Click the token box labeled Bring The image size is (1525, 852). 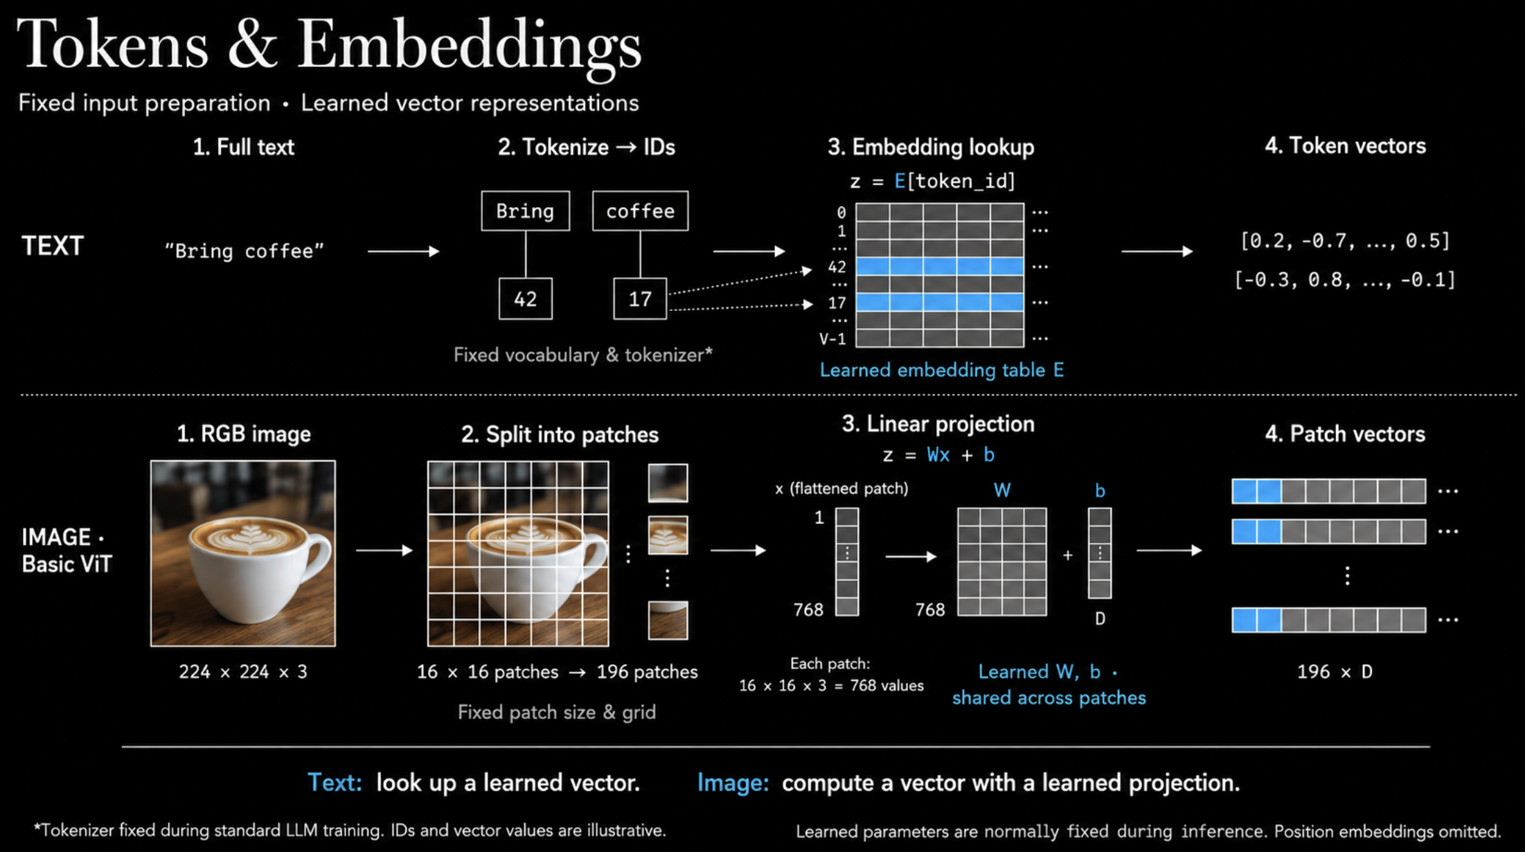pos(526,211)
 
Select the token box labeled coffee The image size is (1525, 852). pos(641,211)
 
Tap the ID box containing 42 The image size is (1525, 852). pos(526,299)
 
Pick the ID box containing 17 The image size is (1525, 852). pos(640,299)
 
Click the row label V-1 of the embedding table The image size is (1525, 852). pos(832,339)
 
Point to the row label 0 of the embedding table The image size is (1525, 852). pos(841,213)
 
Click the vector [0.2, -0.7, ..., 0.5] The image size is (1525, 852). pos(1345,241)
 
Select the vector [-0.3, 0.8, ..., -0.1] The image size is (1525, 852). pos(1345,280)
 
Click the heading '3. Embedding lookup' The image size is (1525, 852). pos(931,147)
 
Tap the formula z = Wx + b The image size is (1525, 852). pos(939,455)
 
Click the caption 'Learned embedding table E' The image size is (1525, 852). pos(942,370)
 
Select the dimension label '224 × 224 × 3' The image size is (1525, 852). pos(243,672)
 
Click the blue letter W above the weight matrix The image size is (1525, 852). pos(1002,490)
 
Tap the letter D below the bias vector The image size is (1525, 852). pos(1100,619)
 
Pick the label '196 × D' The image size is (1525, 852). pos(1335,672)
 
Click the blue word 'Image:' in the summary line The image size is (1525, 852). pos(733,783)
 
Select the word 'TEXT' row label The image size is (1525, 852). pos(53,246)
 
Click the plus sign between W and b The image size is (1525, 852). pos(1068,556)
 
